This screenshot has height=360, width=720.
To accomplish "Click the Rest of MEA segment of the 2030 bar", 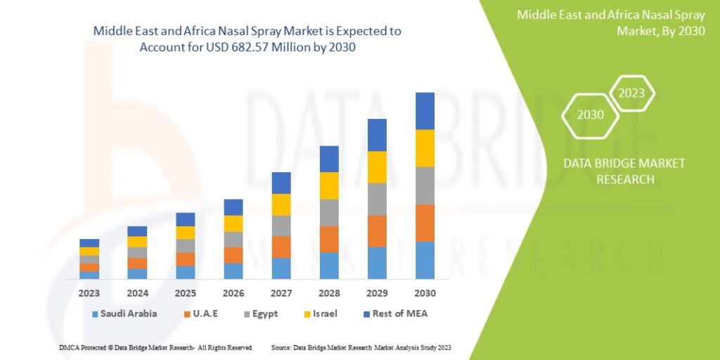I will [425, 111].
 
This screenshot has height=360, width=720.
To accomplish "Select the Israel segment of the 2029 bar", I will [377, 167].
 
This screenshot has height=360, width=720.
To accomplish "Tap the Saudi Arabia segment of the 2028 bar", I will [329, 266].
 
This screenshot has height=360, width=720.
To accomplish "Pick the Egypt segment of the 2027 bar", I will [281, 226].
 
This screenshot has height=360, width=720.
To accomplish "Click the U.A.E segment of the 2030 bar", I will [425, 223].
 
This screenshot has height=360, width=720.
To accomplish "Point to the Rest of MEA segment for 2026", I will [233, 207].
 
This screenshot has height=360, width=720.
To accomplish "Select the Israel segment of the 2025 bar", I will [186, 233].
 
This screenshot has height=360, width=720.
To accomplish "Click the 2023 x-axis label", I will [89, 293].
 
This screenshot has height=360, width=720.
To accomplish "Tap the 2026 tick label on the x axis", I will [233, 293].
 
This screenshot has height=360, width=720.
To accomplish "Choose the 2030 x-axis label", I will [425, 293].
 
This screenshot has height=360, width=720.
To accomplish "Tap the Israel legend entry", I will [324, 314].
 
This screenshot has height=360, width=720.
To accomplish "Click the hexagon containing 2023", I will [631, 93].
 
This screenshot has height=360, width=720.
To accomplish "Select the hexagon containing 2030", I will [591, 115].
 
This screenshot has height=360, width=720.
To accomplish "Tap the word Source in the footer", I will [281, 348].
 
